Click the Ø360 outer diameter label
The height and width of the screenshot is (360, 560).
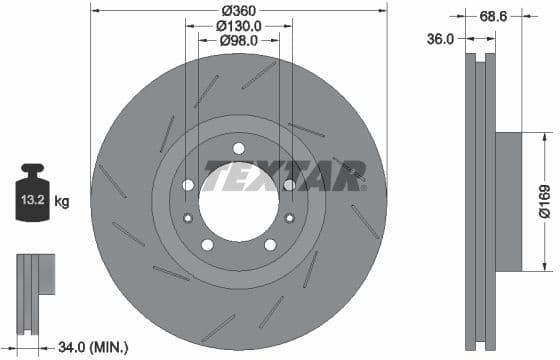point(237,10)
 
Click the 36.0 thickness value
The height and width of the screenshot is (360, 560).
point(440,39)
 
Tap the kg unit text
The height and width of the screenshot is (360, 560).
point(62,202)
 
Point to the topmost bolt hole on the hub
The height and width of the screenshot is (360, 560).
point(238,149)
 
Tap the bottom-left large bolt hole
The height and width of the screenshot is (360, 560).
point(207,244)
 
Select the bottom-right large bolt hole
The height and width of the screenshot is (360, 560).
point(269,244)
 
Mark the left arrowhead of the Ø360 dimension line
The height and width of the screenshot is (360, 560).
point(95,10)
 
